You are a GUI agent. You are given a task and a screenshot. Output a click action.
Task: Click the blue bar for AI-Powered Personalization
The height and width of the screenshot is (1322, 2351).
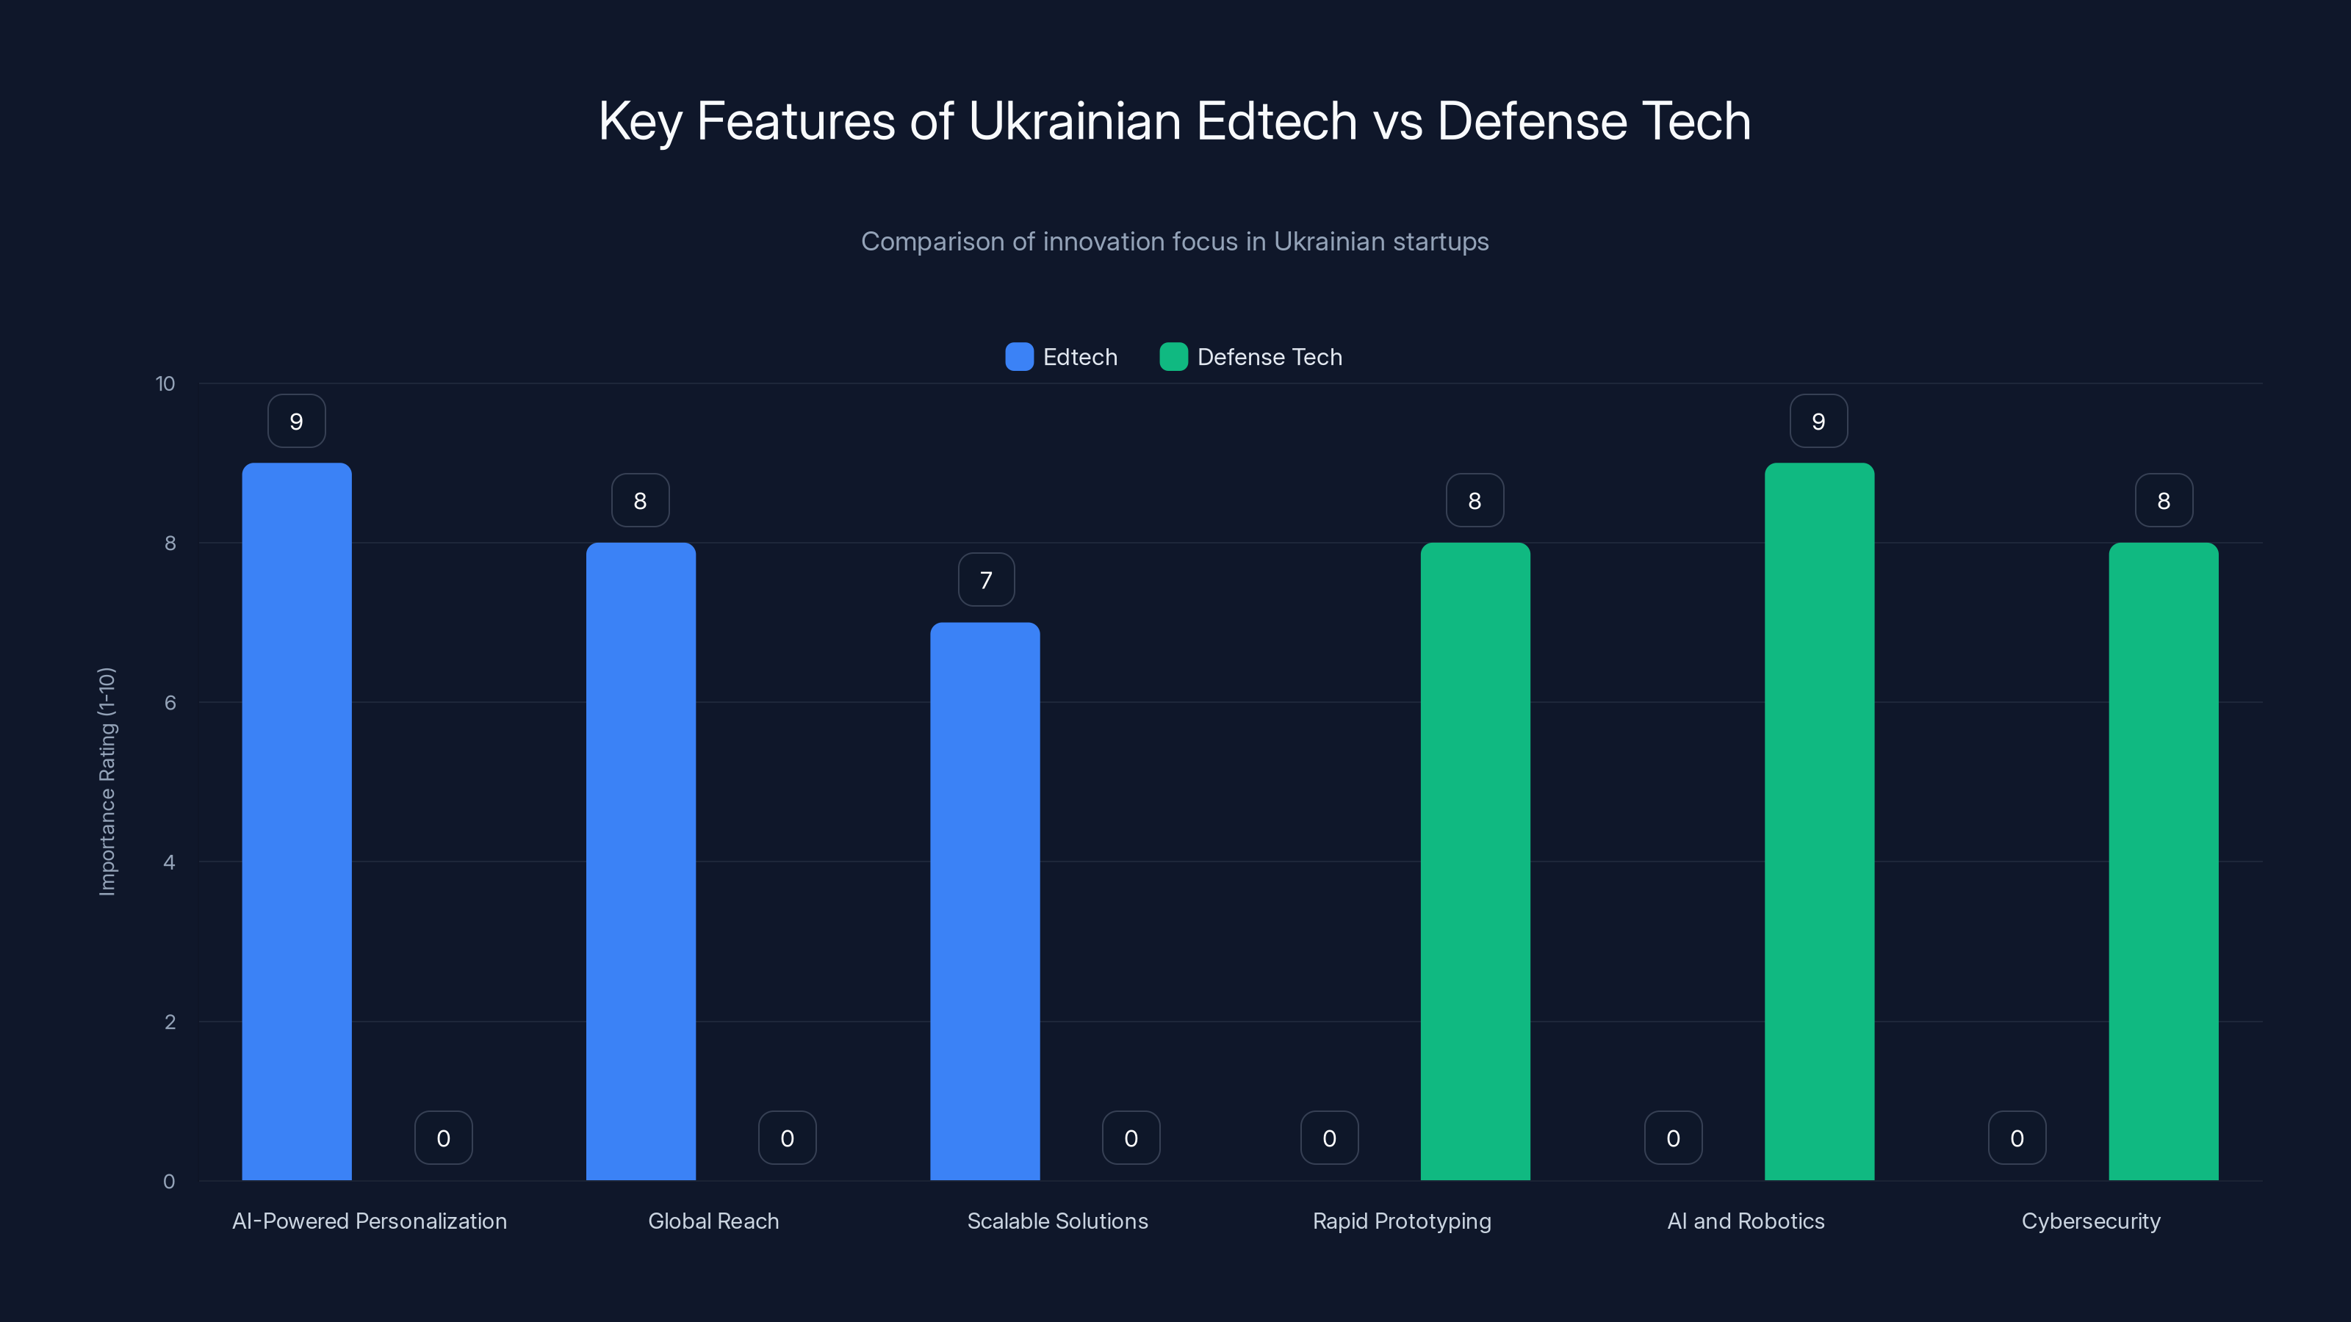(297, 821)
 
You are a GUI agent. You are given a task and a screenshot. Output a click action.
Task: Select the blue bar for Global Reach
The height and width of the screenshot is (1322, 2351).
(641, 862)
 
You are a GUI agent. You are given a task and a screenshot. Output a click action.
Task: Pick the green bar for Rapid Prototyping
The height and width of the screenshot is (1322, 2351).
(1475, 862)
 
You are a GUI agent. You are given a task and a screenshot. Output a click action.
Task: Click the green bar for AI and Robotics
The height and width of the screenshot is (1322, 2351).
(1819, 821)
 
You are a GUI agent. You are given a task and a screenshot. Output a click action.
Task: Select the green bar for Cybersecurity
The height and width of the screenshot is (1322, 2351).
(2163, 862)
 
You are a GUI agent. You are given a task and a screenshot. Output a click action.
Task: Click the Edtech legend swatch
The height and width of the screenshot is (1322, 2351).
(1018, 357)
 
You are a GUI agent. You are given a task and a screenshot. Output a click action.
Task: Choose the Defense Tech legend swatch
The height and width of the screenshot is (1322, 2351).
(1173, 357)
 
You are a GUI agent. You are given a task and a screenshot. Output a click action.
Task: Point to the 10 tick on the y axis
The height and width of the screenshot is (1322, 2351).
(165, 383)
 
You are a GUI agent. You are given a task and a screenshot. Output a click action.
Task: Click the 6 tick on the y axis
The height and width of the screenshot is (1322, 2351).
(170, 703)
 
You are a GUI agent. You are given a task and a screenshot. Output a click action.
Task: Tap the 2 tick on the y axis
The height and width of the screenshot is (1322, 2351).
(170, 1022)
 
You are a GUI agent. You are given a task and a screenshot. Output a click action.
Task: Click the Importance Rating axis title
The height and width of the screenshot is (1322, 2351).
(108, 782)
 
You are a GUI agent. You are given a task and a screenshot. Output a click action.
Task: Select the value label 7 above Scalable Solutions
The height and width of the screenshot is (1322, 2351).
(986, 580)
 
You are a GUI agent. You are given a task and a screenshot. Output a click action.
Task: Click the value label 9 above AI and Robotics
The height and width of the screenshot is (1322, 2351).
(1818, 422)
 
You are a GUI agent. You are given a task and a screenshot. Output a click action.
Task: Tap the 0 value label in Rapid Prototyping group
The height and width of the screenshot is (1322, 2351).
(1329, 1138)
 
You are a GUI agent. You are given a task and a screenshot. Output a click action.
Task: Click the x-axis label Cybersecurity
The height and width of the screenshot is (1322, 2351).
(2090, 1221)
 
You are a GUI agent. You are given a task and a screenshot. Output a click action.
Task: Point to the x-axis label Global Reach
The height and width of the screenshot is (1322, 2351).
(713, 1221)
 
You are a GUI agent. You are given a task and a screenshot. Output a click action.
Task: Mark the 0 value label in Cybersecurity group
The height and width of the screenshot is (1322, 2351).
(2017, 1138)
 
